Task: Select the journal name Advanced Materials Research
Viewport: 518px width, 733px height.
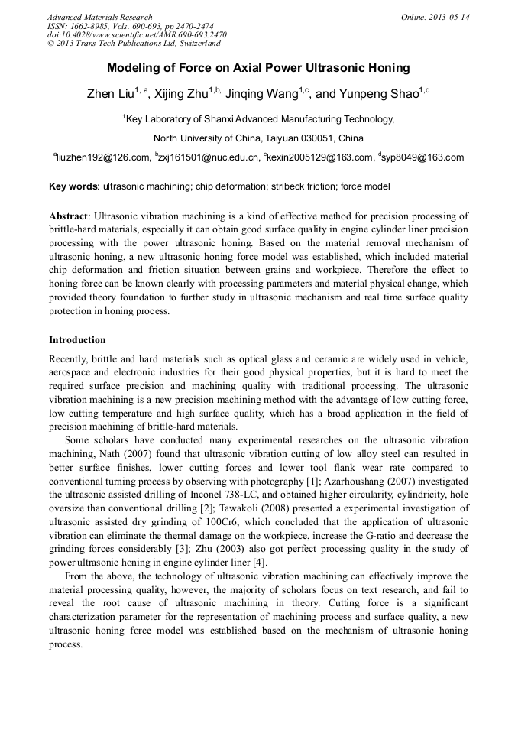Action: pyautogui.click(x=99, y=17)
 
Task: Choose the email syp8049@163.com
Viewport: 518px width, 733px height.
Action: pyautogui.click(x=423, y=158)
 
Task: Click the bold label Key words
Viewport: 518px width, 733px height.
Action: pyautogui.click(x=73, y=186)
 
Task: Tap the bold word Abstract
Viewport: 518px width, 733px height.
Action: pyautogui.click(x=69, y=216)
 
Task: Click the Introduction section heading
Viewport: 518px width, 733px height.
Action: pyautogui.click(x=77, y=339)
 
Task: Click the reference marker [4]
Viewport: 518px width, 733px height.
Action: pyautogui.click(x=259, y=563)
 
